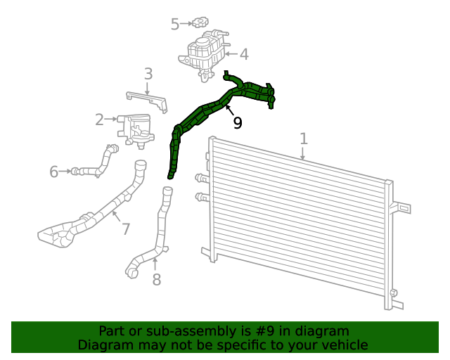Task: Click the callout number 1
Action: coord(303,139)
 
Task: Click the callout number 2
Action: coord(100,120)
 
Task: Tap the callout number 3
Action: coord(148,74)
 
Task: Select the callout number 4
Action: coord(243,54)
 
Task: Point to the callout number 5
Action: coord(175,25)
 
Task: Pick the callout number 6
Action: coord(54,172)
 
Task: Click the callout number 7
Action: coord(126,229)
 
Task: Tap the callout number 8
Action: coord(156,280)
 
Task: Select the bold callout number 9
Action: coord(238,123)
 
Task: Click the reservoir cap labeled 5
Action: coord(200,23)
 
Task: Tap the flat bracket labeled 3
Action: coord(147,101)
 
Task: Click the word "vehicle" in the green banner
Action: coord(342,345)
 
